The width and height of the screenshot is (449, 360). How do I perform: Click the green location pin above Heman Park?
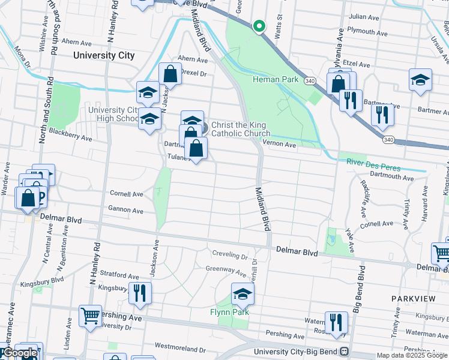coord(259,26)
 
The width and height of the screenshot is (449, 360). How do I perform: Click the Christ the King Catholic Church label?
coord(240,129)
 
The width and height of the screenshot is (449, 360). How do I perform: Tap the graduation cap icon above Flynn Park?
coord(243,295)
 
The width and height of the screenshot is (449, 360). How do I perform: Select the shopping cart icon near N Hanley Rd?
coord(90,315)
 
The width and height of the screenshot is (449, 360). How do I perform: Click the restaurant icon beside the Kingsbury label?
coord(139,293)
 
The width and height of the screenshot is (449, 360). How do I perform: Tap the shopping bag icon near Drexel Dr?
coord(170,74)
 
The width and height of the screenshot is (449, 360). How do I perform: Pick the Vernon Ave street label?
coord(281,145)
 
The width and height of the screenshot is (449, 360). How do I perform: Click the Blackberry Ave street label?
coord(70,134)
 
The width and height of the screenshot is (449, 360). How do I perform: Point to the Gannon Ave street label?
coord(125,211)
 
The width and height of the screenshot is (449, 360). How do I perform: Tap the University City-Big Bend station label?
coord(296,352)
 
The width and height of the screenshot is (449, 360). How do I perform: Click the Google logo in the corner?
coord(20,353)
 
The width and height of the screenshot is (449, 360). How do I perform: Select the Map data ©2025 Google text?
coord(412,355)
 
